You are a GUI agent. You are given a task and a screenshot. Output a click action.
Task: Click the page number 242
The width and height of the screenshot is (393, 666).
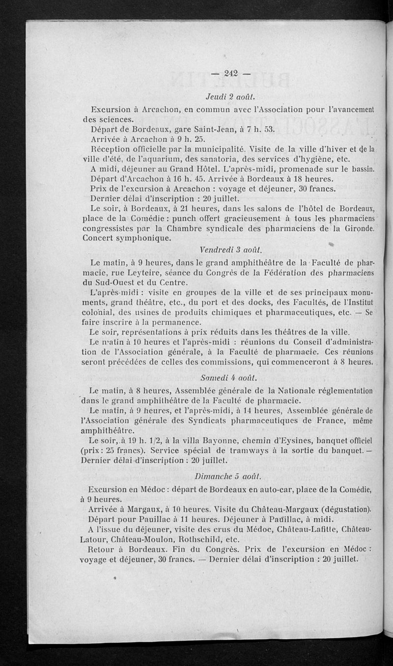[230, 74]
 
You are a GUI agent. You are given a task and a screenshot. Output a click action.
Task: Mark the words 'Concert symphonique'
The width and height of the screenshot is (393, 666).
[128, 238]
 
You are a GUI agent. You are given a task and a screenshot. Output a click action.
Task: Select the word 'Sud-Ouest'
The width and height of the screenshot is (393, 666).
[120, 283]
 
